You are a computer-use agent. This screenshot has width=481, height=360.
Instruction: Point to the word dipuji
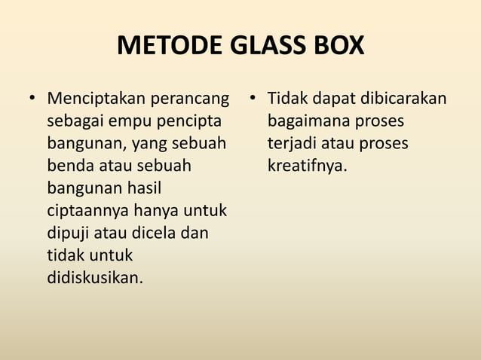pyautogui.click(x=69, y=233)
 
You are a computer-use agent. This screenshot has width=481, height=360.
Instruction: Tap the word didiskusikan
pyautogui.click(x=94, y=278)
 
